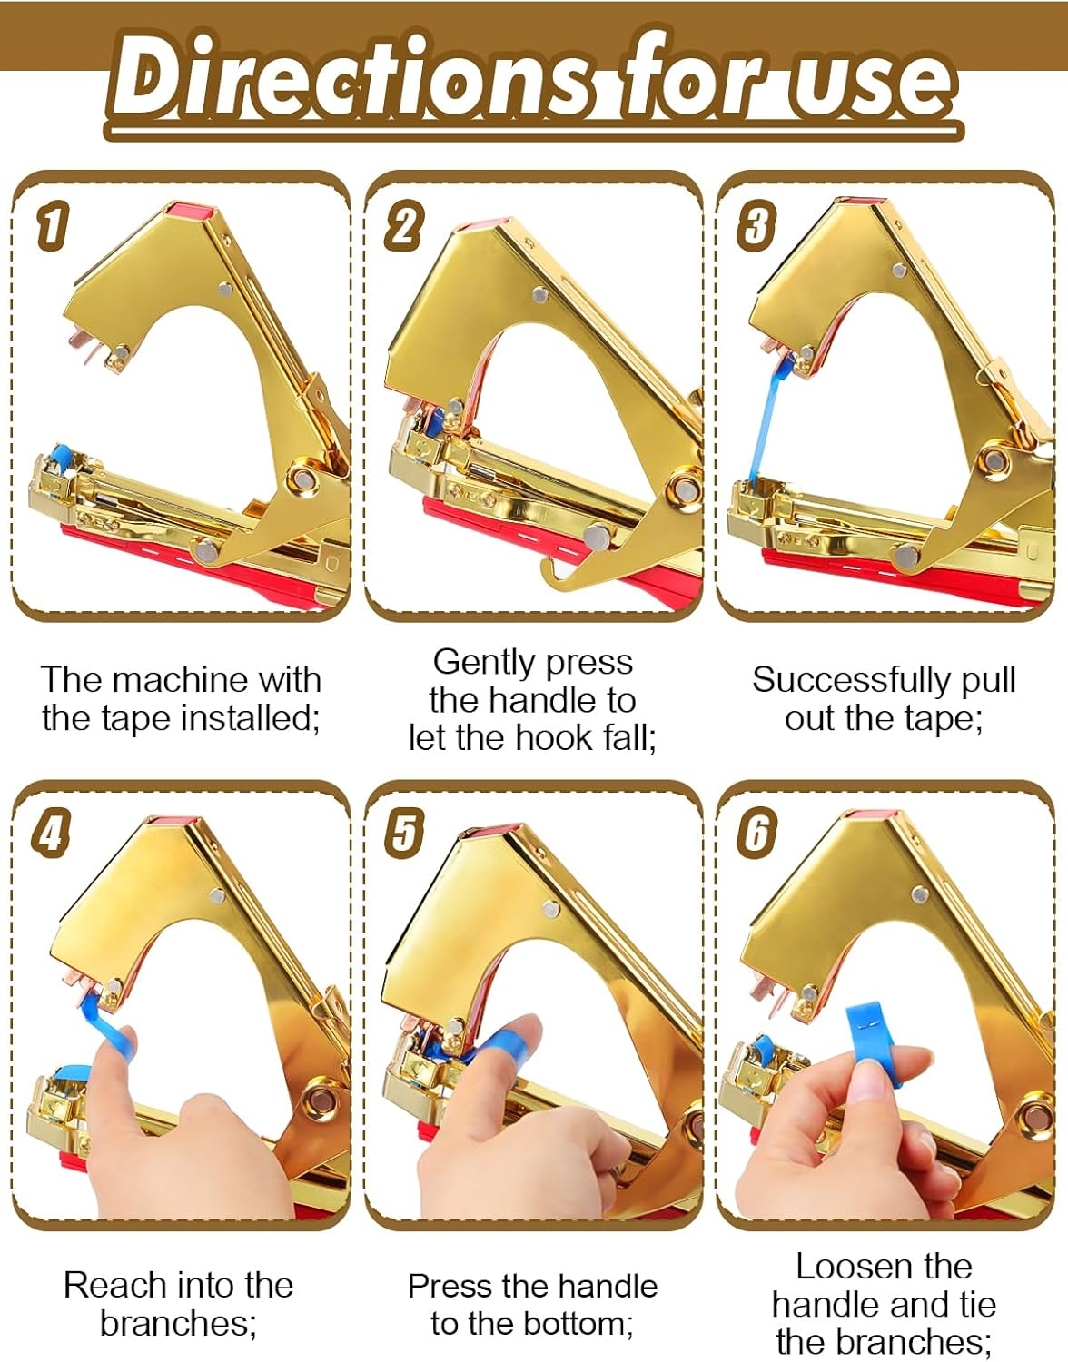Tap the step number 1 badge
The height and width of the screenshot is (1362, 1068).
pyautogui.click(x=52, y=225)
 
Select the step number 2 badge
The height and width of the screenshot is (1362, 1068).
pyautogui.click(x=403, y=226)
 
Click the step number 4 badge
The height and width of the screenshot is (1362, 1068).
pyautogui.click(x=51, y=832)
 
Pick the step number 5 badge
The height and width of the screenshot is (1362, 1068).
pyautogui.click(x=403, y=832)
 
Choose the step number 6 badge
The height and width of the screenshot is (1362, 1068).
pyautogui.click(x=756, y=832)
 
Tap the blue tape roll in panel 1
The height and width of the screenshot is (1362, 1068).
pyautogui.click(x=60, y=455)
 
